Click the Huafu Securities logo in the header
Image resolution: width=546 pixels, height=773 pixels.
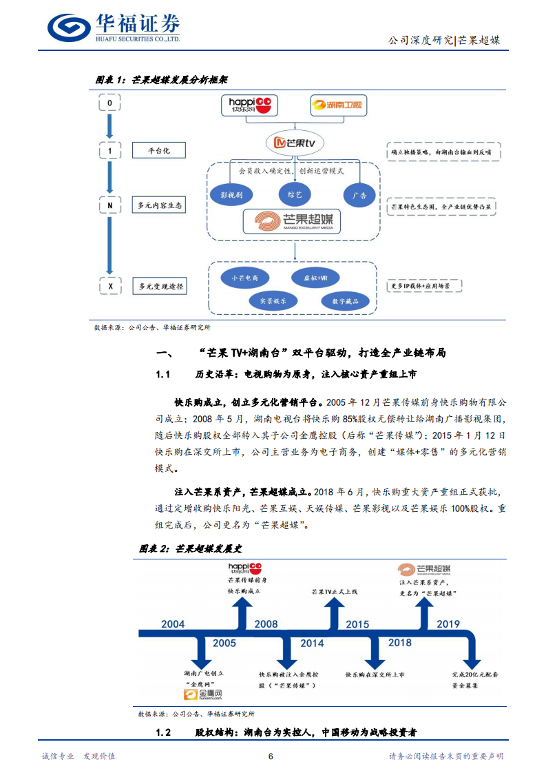pos(114,28)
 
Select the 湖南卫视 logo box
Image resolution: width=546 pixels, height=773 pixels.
pos(339,105)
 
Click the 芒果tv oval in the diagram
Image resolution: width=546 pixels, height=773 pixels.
pos(295,142)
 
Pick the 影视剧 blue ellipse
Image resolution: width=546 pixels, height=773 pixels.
pos(231,196)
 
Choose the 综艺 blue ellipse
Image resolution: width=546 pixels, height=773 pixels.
pos(295,195)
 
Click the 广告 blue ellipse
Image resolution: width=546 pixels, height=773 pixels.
pos(359,196)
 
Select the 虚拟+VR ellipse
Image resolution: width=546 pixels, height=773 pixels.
pos(306,278)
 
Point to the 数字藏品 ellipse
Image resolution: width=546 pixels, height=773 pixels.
pos(345,301)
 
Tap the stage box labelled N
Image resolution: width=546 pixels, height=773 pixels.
pos(109,205)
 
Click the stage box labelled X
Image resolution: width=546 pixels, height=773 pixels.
pos(109,286)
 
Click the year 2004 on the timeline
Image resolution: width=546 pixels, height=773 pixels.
pos(173,624)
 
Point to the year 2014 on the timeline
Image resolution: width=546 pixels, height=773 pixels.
pos(311,643)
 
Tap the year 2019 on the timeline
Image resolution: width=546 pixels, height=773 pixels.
pos(448,624)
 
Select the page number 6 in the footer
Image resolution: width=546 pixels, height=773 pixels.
pos(271,756)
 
